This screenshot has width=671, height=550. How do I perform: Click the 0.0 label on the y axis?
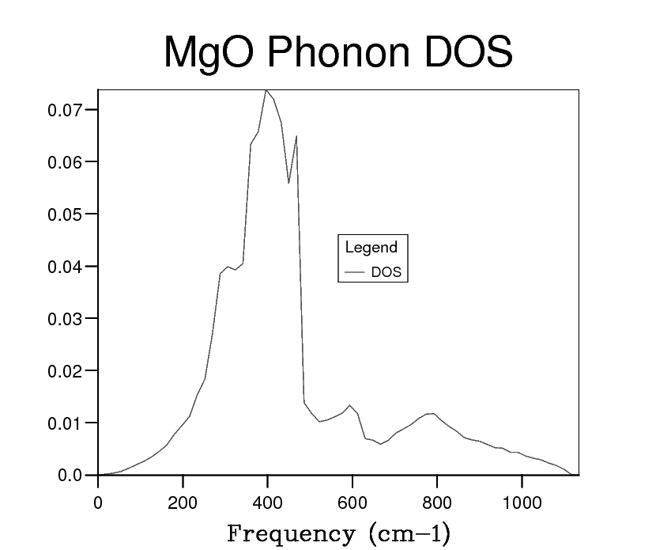coord(70,475)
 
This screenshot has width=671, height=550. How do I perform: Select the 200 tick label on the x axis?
coord(183,503)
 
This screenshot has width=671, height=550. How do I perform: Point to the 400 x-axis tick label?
coord(267,503)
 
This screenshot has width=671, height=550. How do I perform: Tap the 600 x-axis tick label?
coord(352,503)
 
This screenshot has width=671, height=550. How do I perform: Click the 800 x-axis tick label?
coord(437,503)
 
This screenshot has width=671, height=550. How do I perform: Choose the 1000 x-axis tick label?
coord(522,503)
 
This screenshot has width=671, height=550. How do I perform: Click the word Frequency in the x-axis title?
coord(289,533)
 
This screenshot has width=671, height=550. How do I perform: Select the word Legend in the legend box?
coord(371,248)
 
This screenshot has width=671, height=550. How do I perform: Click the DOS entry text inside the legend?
coord(386,272)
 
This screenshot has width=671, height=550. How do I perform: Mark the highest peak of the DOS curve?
coord(267,90)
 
